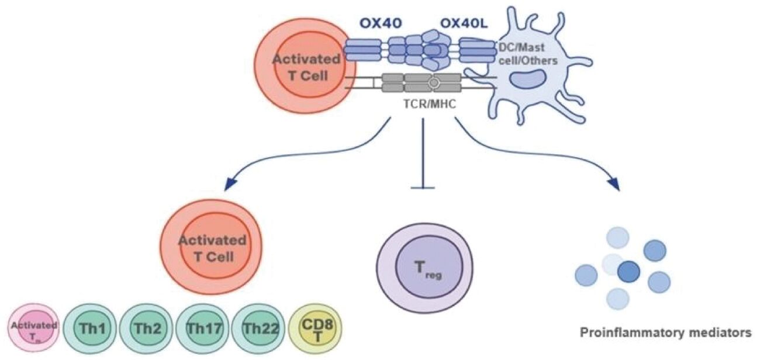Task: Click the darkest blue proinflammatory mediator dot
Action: point(629,271)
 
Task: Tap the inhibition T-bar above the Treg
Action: point(423,187)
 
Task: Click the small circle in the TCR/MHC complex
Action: point(433,84)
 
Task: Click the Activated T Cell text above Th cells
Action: point(212,248)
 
